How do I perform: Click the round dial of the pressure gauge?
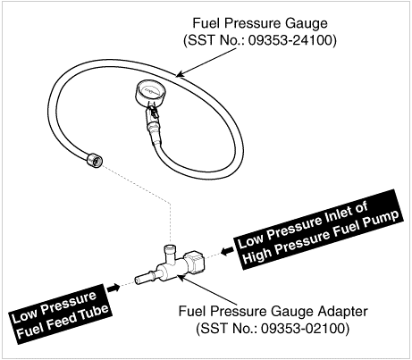coord(151,92)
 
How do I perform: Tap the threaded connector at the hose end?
coord(95,160)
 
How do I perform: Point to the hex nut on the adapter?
coord(195,262)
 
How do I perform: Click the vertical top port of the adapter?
coord(171,254)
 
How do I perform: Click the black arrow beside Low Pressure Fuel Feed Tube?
coord(114,288)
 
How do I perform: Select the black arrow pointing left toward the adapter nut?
coord(228,251)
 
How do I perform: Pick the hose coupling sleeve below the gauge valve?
coord(154,129)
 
